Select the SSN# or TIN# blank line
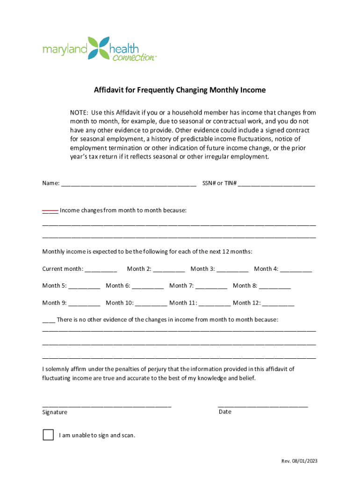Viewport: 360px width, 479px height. pos(276,184)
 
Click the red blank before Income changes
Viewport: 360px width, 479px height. pos(50,211)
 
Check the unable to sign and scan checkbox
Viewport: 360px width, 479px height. pos(48,435)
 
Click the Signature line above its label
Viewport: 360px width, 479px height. pos(107,405)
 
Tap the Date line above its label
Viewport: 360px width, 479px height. pos(263,405)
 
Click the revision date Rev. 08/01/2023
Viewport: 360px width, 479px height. pos(299,461)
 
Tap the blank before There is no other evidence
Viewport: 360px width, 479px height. pos(49,321)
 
